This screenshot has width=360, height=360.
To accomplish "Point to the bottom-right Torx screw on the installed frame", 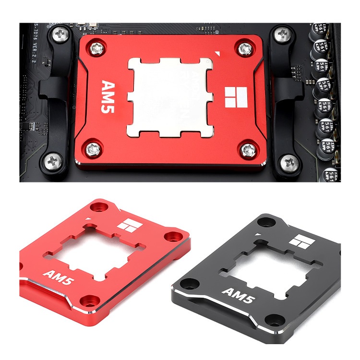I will point(248,150).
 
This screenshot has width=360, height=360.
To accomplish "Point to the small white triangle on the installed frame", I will point(218,54).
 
